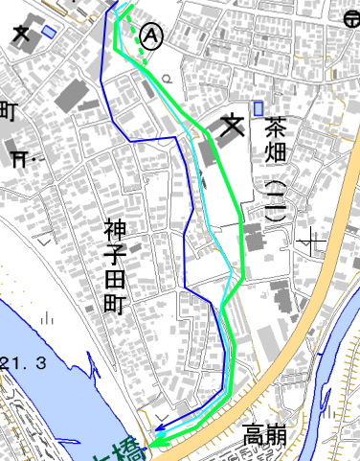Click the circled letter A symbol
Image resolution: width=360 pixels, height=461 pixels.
(x=151, y=35)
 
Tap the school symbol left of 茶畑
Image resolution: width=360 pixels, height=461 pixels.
(x=233, y=127)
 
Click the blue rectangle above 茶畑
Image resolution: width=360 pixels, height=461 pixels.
(x=259, y=107)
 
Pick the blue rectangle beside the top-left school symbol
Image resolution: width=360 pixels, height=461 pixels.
(x=49, y=32)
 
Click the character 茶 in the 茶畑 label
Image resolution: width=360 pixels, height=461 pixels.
(x=276, y=126)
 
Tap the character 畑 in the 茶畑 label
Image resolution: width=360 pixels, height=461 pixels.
(x=276, y=151)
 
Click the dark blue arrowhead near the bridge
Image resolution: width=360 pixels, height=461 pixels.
(x=160, y=431)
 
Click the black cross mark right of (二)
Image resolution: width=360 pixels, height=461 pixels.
(x=313, y=239)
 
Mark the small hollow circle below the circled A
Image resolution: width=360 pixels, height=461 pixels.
(x=169, y=78)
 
